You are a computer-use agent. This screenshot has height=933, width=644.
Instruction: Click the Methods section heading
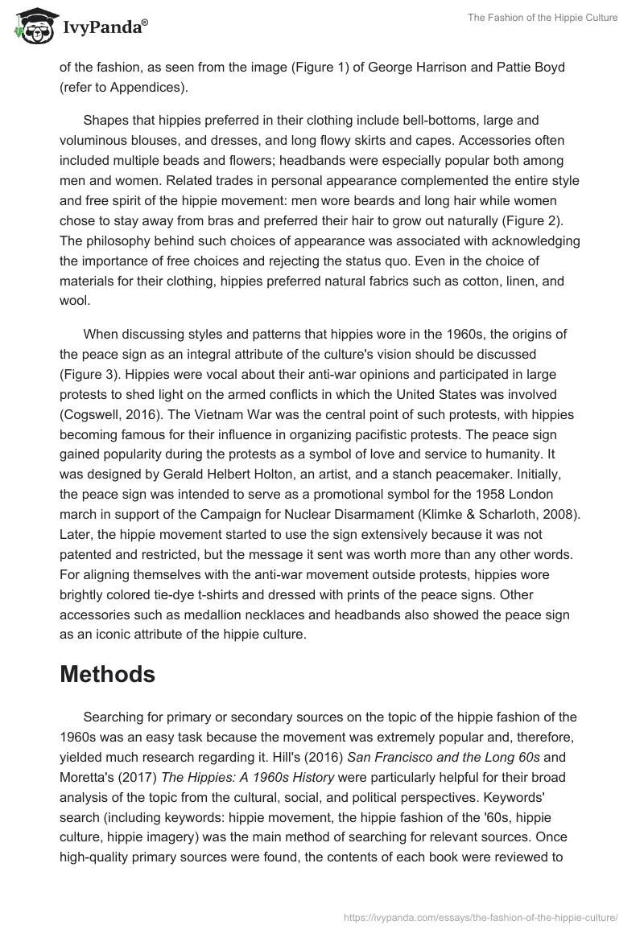(x=107, y=674)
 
